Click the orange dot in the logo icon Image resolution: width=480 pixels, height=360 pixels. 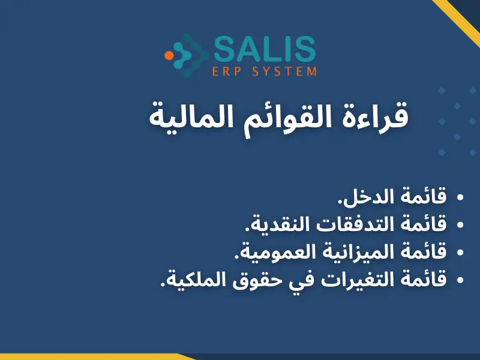[x=169, y=55]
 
